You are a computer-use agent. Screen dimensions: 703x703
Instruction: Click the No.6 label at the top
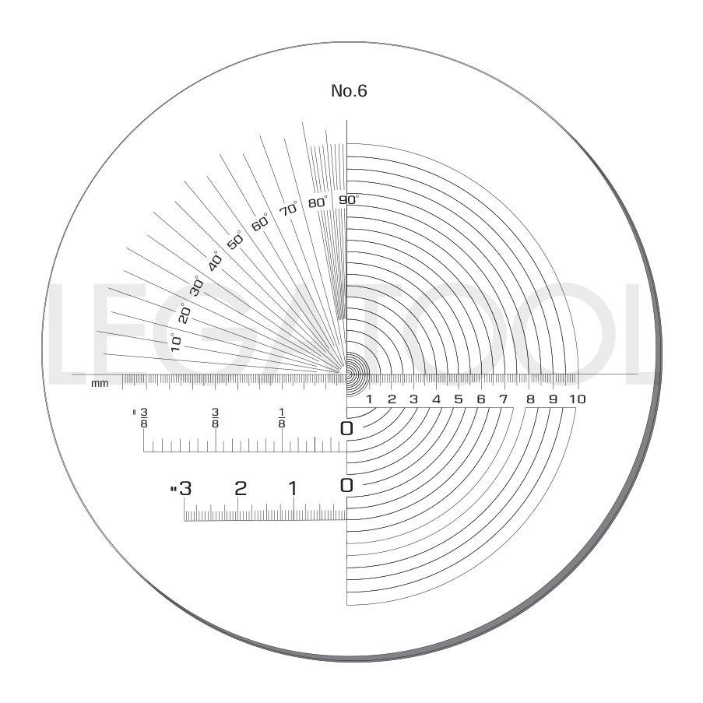349,91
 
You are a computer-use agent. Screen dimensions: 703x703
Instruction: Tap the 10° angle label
175,342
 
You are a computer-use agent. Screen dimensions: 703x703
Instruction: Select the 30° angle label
197,285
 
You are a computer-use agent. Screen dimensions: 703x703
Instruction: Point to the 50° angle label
234,240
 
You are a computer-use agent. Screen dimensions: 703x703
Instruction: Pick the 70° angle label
288,209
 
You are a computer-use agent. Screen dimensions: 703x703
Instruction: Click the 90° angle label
348,199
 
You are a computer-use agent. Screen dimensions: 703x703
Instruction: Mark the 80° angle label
318,202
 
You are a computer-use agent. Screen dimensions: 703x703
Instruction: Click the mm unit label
100,383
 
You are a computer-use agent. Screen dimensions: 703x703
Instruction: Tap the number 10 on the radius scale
577,399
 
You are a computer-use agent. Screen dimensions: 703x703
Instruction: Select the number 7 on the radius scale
503,399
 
